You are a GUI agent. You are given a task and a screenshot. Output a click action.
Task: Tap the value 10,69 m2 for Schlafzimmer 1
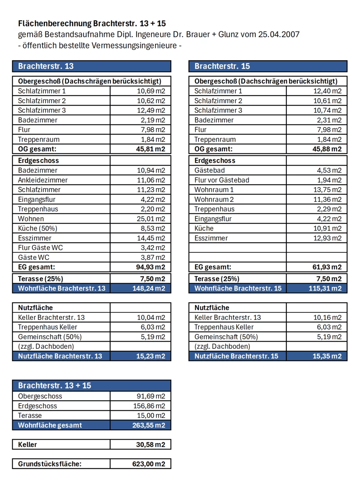coord(150,91)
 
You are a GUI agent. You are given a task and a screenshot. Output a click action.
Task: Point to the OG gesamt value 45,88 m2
coord(327,149)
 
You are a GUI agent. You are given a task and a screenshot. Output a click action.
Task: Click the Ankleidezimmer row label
coord(43,180)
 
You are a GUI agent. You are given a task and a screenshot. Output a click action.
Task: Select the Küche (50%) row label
coord(38,229)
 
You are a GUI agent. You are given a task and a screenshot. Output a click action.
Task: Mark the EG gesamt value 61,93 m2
coord(326,267)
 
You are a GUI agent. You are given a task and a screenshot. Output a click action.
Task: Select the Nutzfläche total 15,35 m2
coord(327,356)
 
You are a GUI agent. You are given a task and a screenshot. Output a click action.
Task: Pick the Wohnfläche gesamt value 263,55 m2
coord(148,425)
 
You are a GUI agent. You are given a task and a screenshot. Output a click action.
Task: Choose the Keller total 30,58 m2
coord(150,445)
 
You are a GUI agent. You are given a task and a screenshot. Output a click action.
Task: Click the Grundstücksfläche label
coord(50,464)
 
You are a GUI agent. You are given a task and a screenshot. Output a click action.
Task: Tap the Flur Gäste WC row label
coord(40,248)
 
